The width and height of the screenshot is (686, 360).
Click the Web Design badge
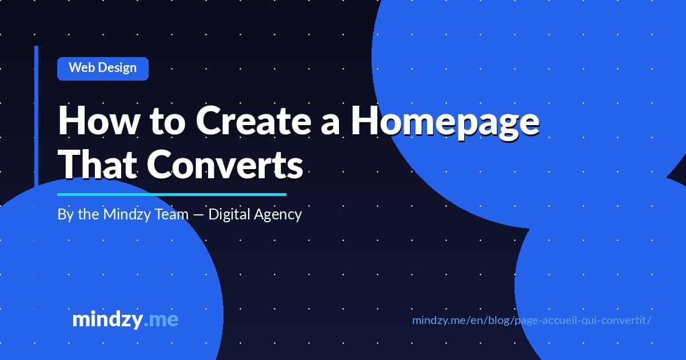tap(103, 68)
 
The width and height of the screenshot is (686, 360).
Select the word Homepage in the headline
tap(444, 121)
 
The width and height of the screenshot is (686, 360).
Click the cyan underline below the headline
tap(171, 194)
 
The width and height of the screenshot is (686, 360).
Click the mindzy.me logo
tap(125, 319)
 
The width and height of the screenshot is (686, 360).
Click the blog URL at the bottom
tap(532, 320)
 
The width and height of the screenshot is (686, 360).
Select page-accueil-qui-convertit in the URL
tap(581, 320)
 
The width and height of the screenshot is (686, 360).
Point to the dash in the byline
tap(197, 215)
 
